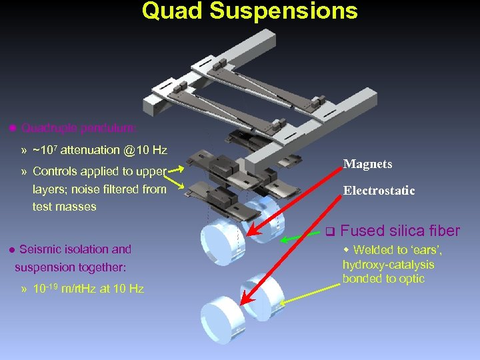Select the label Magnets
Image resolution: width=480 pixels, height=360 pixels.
tap(367, 164)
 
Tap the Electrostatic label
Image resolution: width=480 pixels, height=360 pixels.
tap(379, 191)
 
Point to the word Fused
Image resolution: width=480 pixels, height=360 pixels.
tap(362, 231)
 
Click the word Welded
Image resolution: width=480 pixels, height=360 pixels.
tap(373, 250)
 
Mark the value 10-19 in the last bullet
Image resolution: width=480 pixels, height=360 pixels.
tap(47, 289)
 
